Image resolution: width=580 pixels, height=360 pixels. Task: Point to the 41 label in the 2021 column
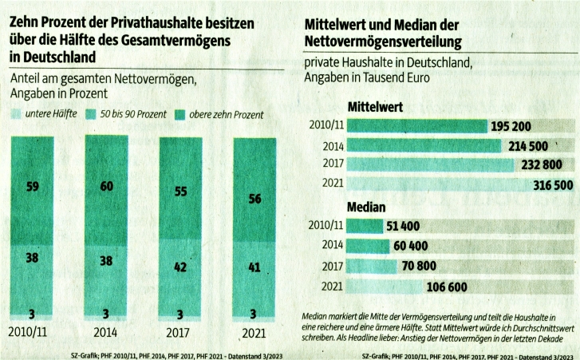point(254,268)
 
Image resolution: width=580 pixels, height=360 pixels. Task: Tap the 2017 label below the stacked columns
point(180,332)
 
